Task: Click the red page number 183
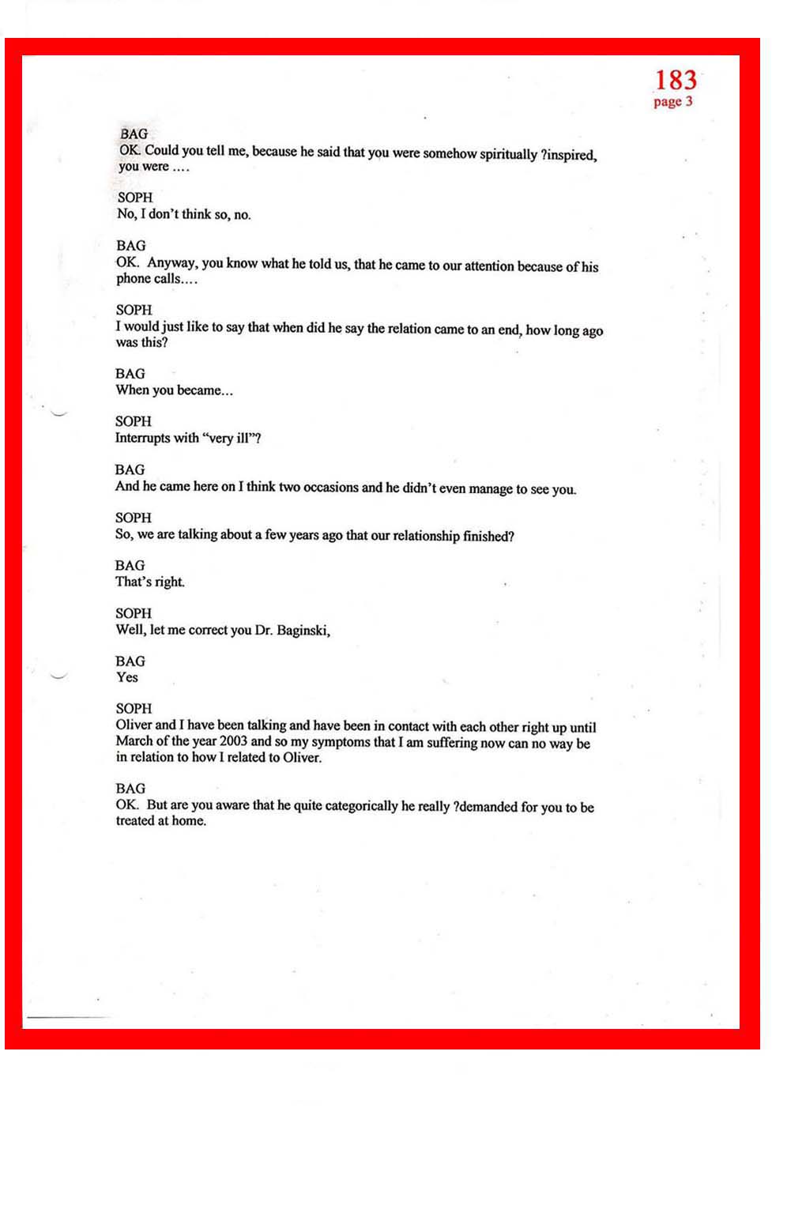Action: click(x=676, y=81)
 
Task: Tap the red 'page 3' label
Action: click(x=672, y=102)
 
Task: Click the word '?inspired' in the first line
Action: click(x=568, y=155)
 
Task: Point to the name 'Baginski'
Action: click(x=303, y=631)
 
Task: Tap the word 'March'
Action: click(x=136, y=741)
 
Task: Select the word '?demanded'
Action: click(x=485, y=807)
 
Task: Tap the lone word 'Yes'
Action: click(x=126, y=677)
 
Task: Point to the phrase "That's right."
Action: click(x=150, y=582)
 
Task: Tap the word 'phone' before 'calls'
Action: click(x=134, y=279)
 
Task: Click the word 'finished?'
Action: click(x=488, y=537)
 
